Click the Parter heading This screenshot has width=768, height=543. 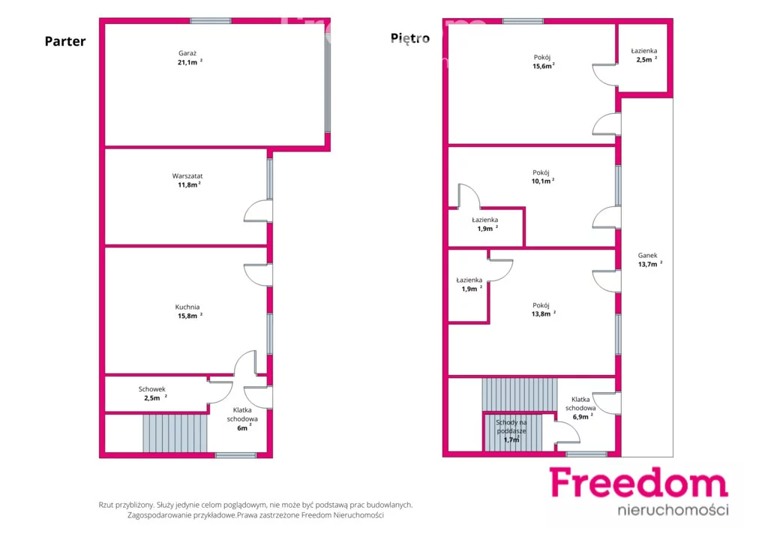click(x=65, y=41)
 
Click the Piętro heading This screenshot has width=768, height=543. click(x=410, y=38)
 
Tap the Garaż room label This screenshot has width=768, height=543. click(x=187, y=53)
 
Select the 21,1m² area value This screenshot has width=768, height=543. click(x=190, y=62)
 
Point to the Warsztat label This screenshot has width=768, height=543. click(x=187, y=175)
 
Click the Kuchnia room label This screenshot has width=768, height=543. click(x=187, y=307)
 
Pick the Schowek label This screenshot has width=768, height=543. click(x=151, y=389)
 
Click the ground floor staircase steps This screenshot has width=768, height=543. click(x=175, y=433)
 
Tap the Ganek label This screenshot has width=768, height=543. click(x=647, y=255)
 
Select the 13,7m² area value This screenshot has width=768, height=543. click(x=650, y=264)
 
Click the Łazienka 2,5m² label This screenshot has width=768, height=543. click(x=644, y=55)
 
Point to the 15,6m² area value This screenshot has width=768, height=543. click(x=543, y=66)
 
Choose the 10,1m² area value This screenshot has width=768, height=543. click(x=543, y=181)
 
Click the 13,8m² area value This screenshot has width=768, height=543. click(x=543, y=313)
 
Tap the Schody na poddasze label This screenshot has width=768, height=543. click(x=511, y=427)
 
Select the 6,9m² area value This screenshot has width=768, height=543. click(x=582, y=417)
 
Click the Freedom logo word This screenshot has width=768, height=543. click(x=639, y=483)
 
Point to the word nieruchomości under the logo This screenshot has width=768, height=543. click(x=673, y=510)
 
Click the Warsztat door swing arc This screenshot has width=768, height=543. click(x=250, y=208)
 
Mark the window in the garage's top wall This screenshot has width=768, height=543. click(x=210, y=21)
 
